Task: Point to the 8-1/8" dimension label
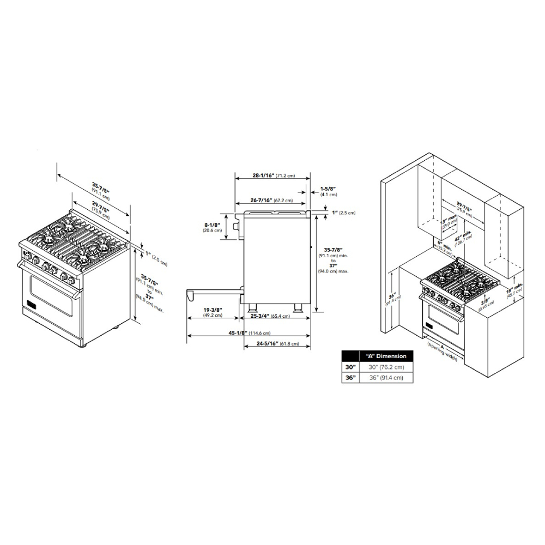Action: point(212,224)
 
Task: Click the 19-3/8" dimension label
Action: point(213,308)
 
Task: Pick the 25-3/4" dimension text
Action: point(258,316)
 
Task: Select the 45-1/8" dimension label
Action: point(238,333)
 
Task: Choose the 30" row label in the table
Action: point(349,367)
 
